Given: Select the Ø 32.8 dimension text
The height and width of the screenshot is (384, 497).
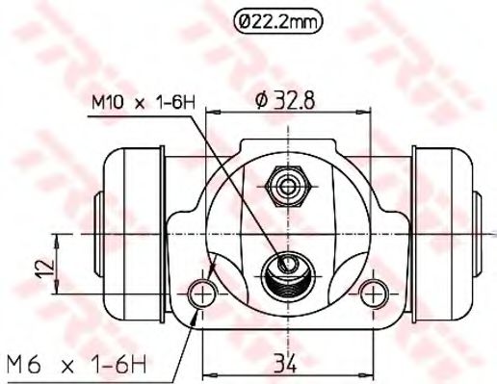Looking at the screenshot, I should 288,98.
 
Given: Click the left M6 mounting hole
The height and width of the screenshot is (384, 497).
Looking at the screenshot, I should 203,292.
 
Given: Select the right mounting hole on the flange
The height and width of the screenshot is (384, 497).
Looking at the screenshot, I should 372,291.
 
